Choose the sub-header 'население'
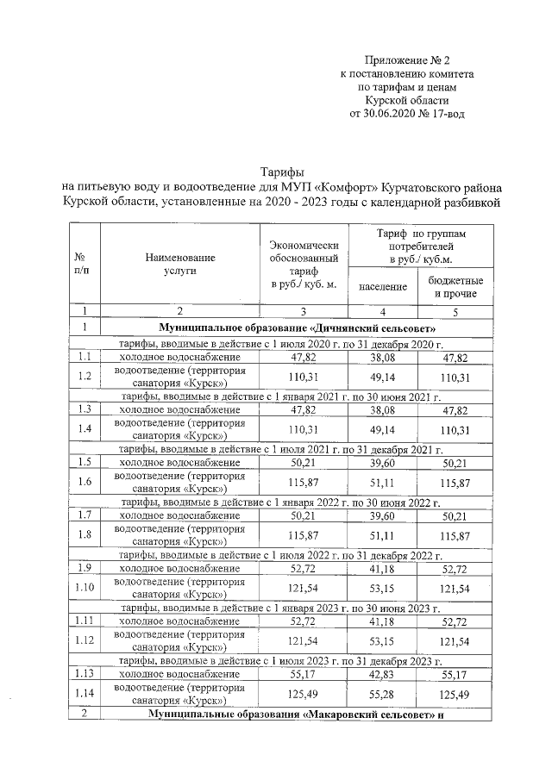pos(382,286)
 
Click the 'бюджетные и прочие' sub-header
pos(455,287)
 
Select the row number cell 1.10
pos(85,587)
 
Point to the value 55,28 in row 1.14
pos(382,694)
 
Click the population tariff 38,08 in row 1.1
pos(382,356)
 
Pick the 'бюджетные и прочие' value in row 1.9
pos(455,569)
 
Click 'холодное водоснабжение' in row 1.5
pos(179,463)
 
